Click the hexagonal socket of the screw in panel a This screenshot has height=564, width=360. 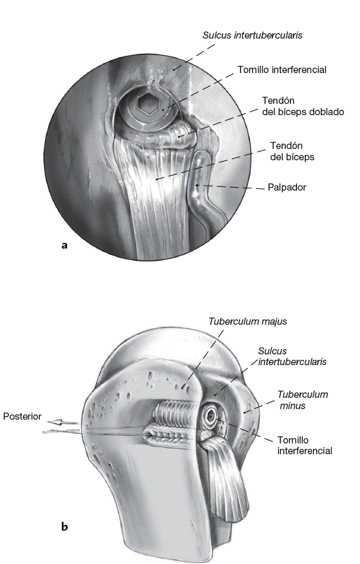pos(147,106)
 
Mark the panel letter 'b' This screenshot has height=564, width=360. pos(64,525)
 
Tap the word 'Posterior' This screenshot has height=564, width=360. pos(22,417)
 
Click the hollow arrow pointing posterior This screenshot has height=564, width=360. pos(62,423)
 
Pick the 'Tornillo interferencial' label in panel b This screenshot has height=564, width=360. pos(305,445)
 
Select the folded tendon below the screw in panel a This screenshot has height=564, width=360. pos(178,136)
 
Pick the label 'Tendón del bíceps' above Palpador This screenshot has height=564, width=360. pos(292,151)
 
